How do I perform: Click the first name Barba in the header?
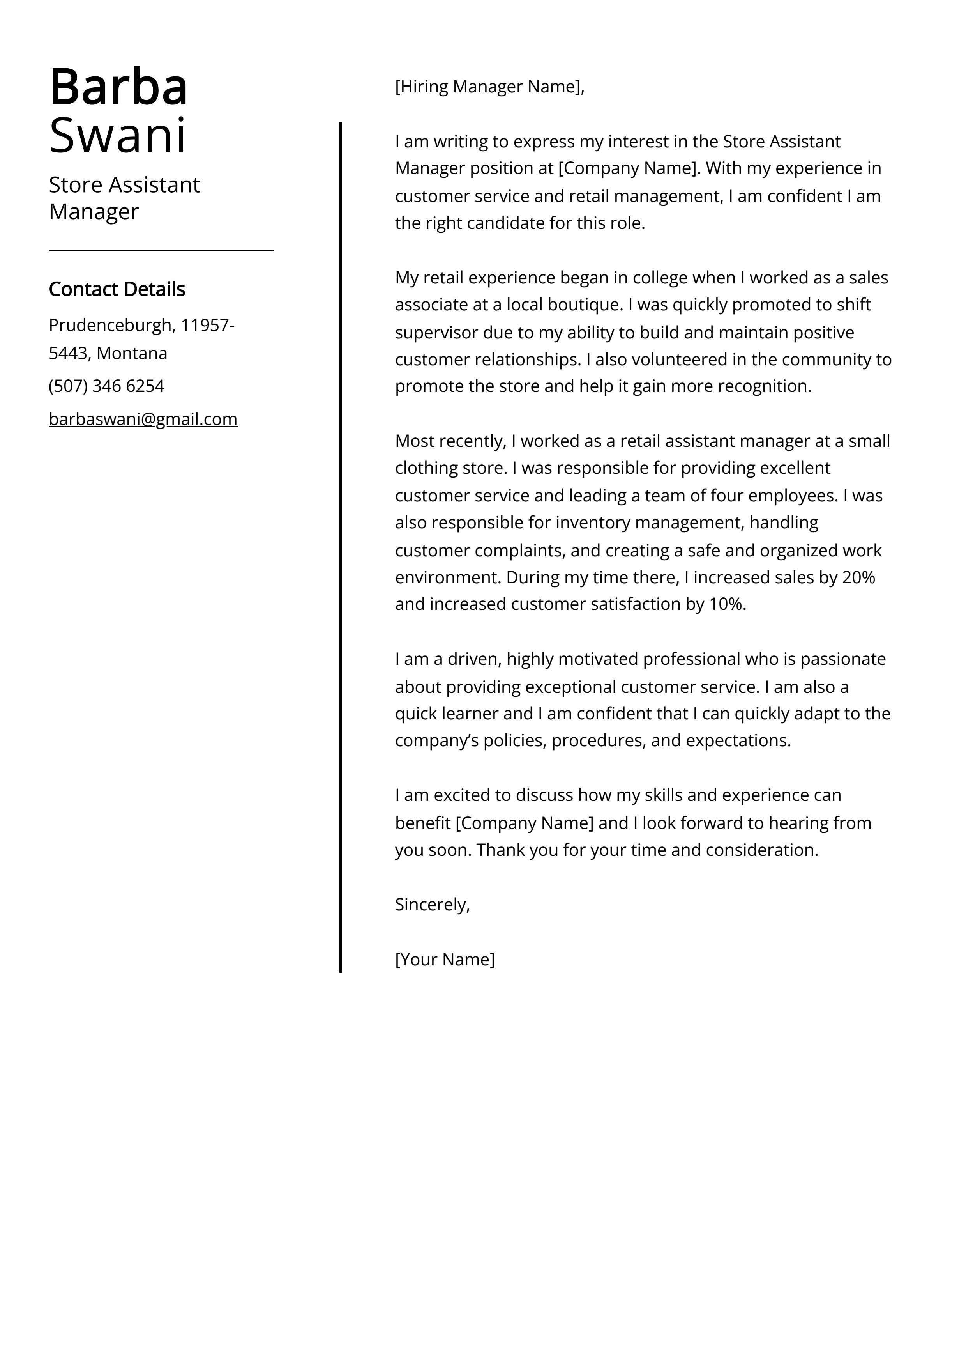coord(118,87)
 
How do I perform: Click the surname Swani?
coord(117,136)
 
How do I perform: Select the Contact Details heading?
coord(117,289)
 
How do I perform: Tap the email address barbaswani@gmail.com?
coord(143,419)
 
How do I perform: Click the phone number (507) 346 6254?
coord(106,386)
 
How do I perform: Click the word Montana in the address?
coord(132,354)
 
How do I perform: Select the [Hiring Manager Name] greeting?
coord(489,87)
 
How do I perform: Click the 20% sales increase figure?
coord(858,577)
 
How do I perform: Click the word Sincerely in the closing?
coord(431,905)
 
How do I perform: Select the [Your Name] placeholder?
coord(445,959)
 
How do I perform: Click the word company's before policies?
coord(436,741)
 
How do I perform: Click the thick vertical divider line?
coord(341,536)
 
